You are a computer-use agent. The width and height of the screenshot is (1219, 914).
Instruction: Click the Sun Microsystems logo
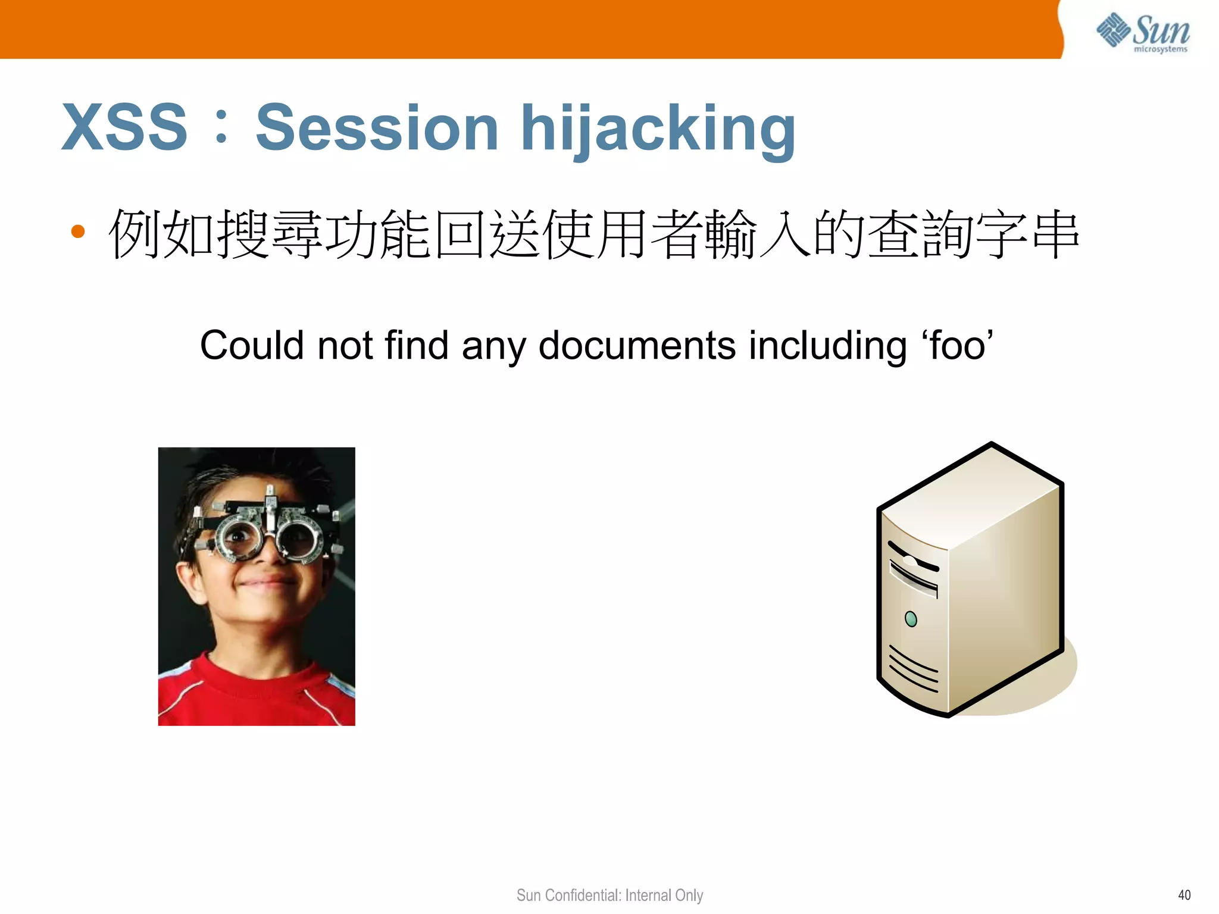(x=1143, y=32)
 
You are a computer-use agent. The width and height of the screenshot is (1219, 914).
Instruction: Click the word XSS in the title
(x=125, y=127)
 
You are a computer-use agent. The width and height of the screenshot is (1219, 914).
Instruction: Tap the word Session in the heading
(x=377, y=127)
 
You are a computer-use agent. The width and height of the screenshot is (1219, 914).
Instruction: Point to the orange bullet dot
(x=78, y=231)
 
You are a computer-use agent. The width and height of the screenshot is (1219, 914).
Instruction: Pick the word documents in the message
(x=637, y=345)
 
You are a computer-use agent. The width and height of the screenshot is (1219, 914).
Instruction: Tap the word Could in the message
(x=252, y=345)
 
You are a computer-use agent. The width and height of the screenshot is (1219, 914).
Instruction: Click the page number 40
(x=1184, y=895)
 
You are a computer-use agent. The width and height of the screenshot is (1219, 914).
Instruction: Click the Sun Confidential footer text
(x=609, y=895)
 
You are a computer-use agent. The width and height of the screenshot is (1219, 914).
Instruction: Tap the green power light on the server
(x=911, y=619)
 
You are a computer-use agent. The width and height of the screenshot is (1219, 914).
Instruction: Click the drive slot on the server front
(x=914, y=577)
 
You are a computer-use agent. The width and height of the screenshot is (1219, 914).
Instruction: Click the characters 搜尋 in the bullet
(x=271, y=234)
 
